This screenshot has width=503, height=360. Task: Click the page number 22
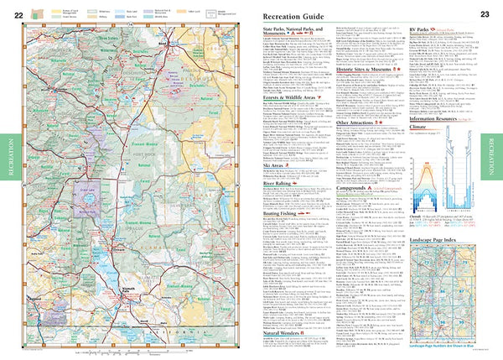(x=18, y=14)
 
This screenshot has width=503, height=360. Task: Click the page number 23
(x=485, y=14)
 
